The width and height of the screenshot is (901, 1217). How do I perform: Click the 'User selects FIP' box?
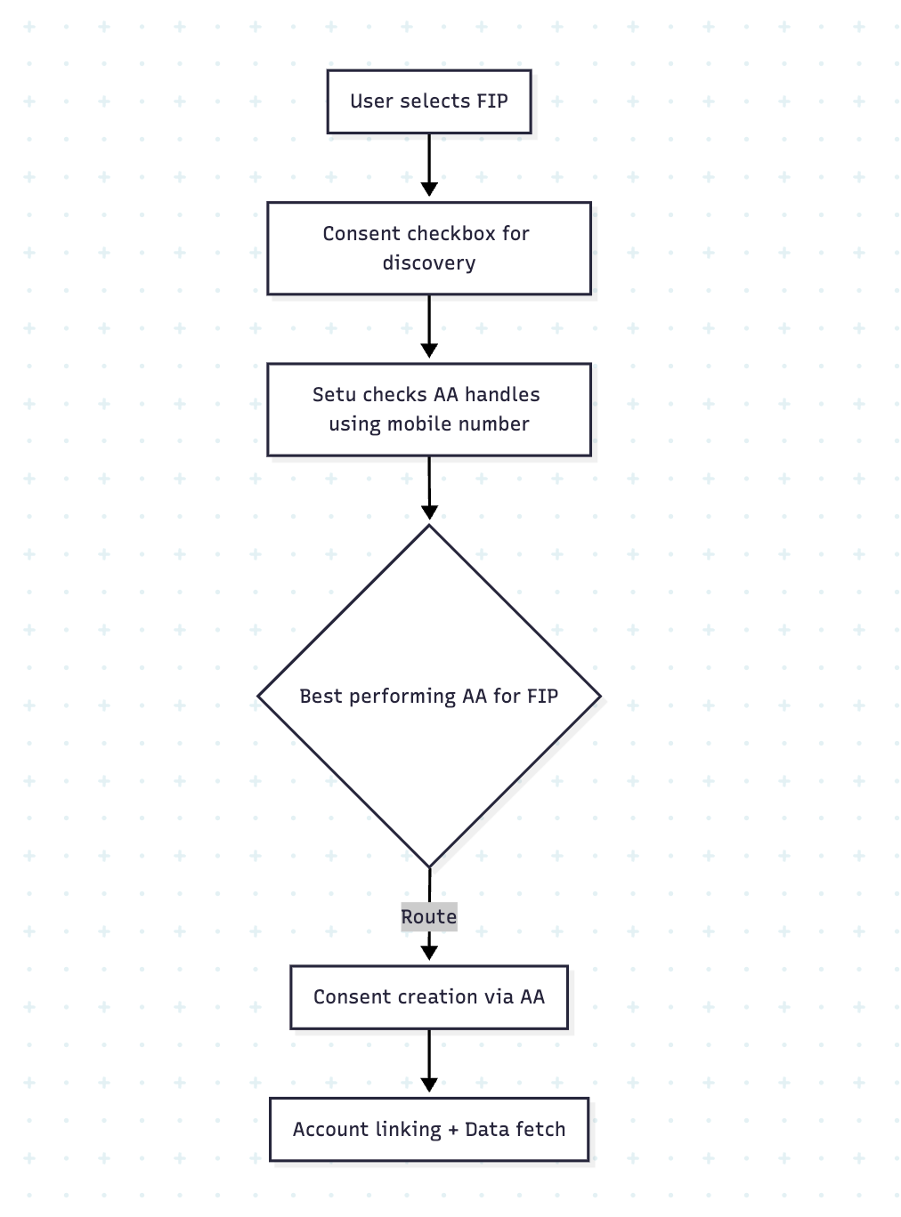pyautogui.click(x=428, y=101)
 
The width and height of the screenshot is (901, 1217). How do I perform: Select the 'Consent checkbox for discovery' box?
pyautogui.click(x=428, y=248)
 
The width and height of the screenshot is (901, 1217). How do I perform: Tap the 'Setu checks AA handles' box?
pyautogui.click(x=428, y=409)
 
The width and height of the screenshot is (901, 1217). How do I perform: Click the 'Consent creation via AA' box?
pyautogui.click(x=428, y=997)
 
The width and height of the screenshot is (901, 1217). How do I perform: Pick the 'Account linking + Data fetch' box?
pyautogui.click(x=428, y=1129)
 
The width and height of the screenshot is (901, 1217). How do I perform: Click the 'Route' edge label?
pyautogui.click(x=428, y=916)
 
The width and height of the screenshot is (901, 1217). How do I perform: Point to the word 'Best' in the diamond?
pyautogui.click(x=321, y=696)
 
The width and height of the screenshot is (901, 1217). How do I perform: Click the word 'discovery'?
pyautogui.click(x=428, y=263)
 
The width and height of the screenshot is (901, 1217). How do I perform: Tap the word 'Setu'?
pyautogui.click(x=334, y=394)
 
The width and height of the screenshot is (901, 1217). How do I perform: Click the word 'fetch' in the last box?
pyautogui.click(x=540, y=1129)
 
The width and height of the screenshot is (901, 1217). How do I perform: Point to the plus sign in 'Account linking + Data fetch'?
pyautogui.click(x=453, y=1130)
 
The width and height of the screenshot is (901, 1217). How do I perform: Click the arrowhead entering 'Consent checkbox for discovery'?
pyautogui.click(x=428, y=189)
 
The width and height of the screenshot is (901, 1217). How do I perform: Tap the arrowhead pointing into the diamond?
pyautogui.click(x=429, y=512)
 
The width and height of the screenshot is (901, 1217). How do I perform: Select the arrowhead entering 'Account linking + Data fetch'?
pyautogui.click(x=428, y=1085)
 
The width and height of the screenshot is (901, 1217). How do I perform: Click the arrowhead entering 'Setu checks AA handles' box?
pyautogui.click(x=428, y=351)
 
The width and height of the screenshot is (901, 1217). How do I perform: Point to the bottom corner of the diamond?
pyautogui.click(x=429, y=866)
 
